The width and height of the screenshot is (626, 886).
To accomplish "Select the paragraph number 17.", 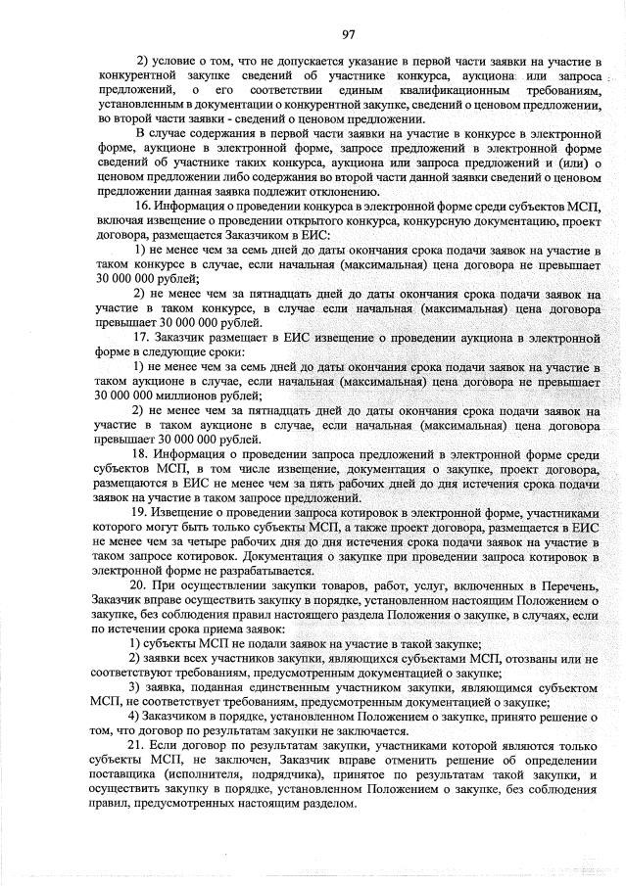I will [141, 337].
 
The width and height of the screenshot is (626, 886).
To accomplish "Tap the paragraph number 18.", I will [140, 454].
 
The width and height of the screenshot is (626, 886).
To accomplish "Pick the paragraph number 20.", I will [140, 583].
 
